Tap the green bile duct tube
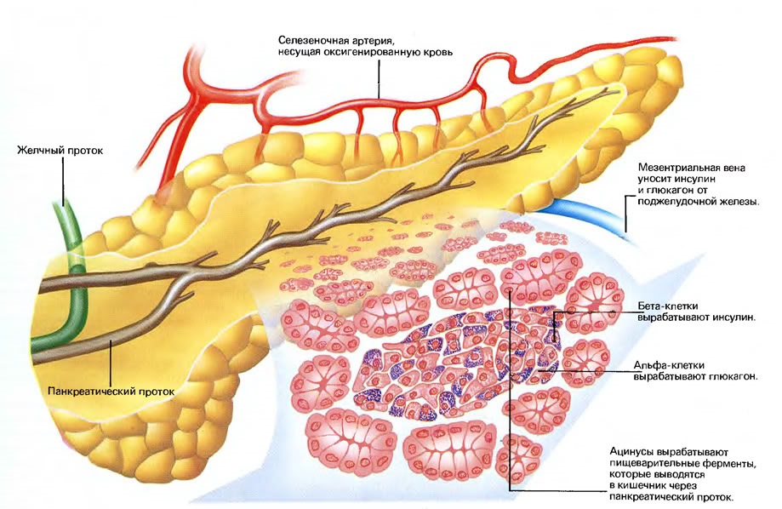click(x=76, y=279)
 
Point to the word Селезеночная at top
click(x=309, y=40)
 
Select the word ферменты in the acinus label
click(x=732, y=464)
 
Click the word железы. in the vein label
click(x=740, y=202)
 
